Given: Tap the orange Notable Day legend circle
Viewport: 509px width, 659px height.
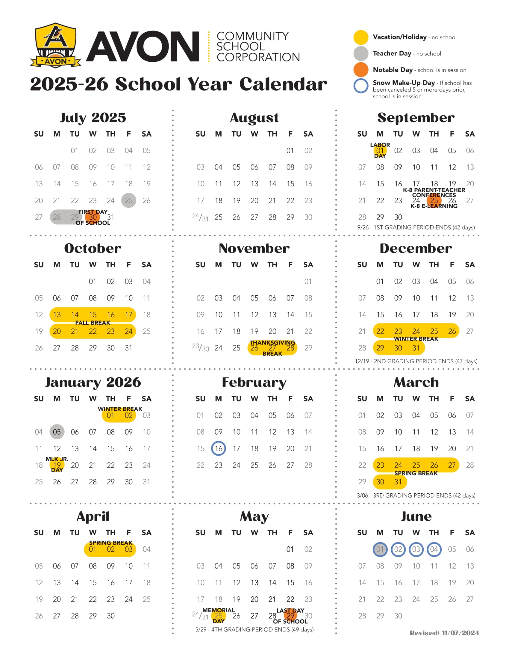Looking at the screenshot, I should pos(361,70).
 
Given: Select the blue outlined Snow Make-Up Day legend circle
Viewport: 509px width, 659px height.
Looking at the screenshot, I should pos(361,86).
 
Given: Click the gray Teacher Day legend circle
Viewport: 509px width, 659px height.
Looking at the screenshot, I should pos(361,53).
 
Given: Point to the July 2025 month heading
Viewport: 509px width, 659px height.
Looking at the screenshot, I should pos(93,118).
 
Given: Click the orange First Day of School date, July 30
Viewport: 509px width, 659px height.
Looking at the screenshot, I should pos(93,217).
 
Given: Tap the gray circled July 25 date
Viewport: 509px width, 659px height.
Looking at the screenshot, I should pos(128,200).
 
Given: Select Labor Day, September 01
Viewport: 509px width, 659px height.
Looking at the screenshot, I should pos(380,150).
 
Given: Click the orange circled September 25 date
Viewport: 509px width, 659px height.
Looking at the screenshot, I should pos(434,200).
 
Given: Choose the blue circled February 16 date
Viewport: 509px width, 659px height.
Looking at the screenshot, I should pos(218,448).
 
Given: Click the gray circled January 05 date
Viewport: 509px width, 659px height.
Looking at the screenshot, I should pos(57,432).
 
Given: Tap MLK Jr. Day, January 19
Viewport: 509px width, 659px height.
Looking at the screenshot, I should pos(57,465).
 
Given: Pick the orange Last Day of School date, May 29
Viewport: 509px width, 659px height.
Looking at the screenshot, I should pos(290,616).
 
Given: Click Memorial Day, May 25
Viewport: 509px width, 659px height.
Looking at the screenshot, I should pos(218,616).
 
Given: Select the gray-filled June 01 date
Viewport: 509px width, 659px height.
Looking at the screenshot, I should pos(380,549).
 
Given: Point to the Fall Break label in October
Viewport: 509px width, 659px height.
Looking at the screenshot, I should pos(93,323).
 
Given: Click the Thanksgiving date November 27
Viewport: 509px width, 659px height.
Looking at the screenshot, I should pos(272,348).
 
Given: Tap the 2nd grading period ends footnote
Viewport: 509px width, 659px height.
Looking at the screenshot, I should pos(416,361).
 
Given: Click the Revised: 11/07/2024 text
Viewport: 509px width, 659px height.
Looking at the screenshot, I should pos(444,633).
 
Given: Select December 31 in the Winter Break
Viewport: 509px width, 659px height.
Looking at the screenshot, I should pos(416,348).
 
